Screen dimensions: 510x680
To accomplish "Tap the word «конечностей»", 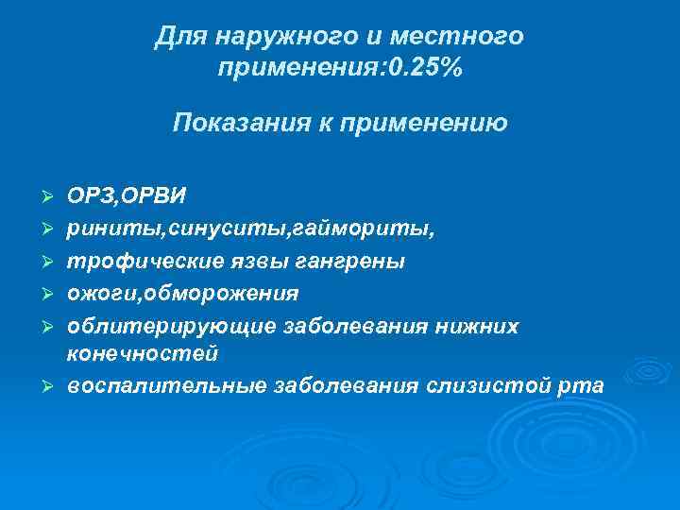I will click(x=143, y=353).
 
